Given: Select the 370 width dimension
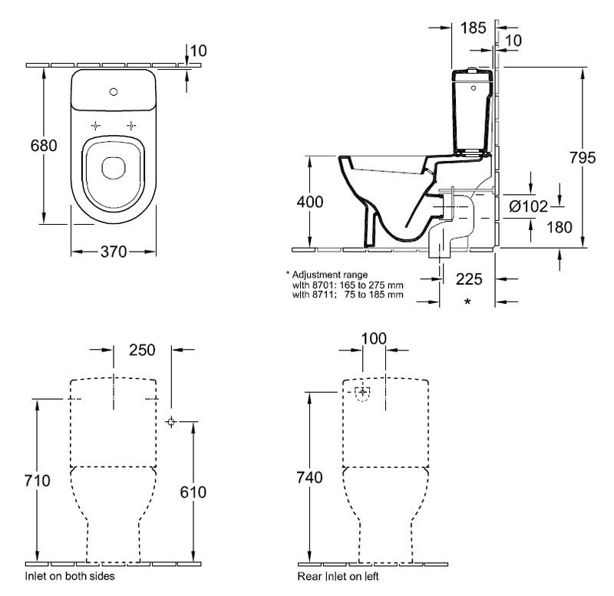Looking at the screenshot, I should (x=114, y=252).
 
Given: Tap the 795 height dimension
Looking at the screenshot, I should (x=583, y=158).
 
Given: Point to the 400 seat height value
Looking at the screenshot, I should (x=309, y=203).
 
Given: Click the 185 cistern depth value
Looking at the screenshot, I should (x=474, y=28).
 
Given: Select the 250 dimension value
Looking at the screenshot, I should (x=142, y=350).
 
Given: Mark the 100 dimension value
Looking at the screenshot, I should (x=373, y=338).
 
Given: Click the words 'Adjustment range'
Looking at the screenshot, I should (x=329, y=274).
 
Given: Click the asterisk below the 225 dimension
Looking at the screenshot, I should (x=467, y=302).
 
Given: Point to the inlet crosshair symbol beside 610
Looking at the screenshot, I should (x=171, y=421).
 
